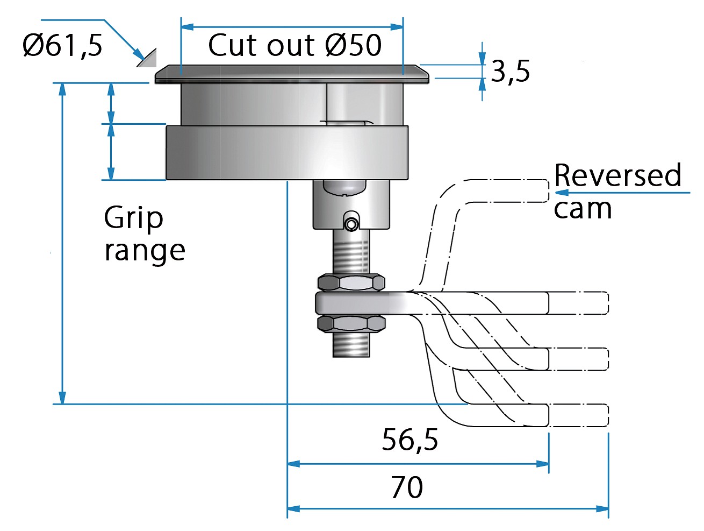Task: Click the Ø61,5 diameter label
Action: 62,45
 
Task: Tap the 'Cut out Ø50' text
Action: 294,45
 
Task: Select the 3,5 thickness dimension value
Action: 510,72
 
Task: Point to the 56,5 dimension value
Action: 410,440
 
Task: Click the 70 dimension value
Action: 407,487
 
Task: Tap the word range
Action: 145,251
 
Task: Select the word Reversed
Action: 617,175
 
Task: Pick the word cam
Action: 583,209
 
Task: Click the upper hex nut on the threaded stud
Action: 351,282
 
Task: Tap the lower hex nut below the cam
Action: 351,323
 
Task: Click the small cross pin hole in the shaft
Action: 351,224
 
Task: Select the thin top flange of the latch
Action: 292,74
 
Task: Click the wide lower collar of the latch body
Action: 286,152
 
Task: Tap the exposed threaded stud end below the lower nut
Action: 351,344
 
